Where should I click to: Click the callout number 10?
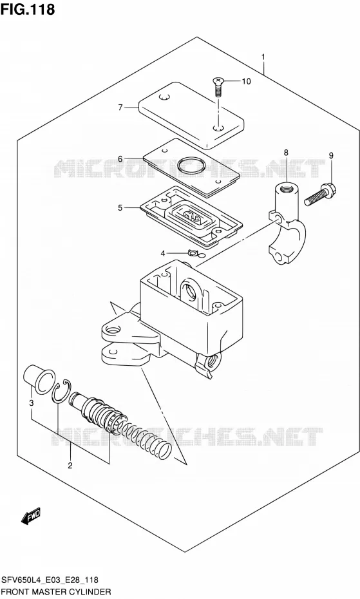click(246, 81)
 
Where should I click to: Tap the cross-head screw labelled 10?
click(218, 87)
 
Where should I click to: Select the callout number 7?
click(120, 108)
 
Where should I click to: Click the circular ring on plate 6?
click(191, 165)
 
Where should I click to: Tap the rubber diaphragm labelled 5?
click(191, 217)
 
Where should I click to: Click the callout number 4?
click(162, 253)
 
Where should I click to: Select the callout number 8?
click(286, 153)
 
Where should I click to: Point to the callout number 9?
click(331, 155)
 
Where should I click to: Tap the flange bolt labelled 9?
click(320, 194)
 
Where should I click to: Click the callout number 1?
click(263, 57)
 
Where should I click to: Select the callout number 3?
click(32, 403)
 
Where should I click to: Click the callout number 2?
click(70, 465)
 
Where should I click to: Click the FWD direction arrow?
click(30, 517)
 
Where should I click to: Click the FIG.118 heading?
click(28, 9)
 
